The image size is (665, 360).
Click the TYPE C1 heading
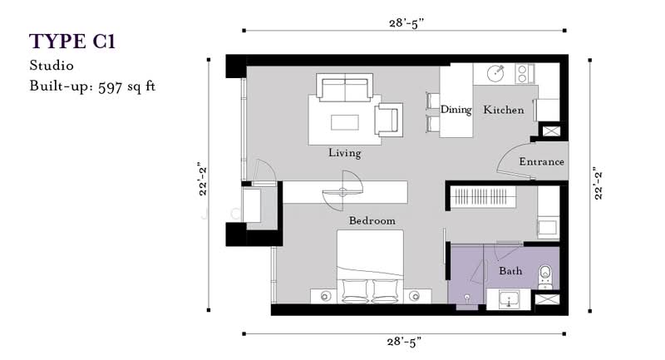pos(72,42)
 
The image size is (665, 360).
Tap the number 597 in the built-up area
pos(110,87)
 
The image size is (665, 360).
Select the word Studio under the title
pos(52,66)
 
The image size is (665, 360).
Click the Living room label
pos(344,153)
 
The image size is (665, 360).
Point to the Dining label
pos(456,110)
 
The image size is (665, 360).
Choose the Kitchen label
pos(504,110)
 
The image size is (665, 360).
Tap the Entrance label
pos(541,161)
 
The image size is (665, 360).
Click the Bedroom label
pos(372,220)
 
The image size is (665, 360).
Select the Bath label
pos(510,270)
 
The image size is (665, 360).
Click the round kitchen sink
pos(495,73)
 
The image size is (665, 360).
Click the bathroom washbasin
pos(508,300)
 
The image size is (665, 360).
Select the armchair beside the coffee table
pos(388,119)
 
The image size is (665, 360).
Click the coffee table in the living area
pos(344,122)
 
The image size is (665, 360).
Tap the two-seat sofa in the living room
pos(344,88)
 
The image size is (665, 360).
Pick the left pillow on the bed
pos(355,291)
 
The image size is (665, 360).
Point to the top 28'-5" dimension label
pos(406,23)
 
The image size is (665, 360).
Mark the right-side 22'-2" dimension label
pos(598,185)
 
